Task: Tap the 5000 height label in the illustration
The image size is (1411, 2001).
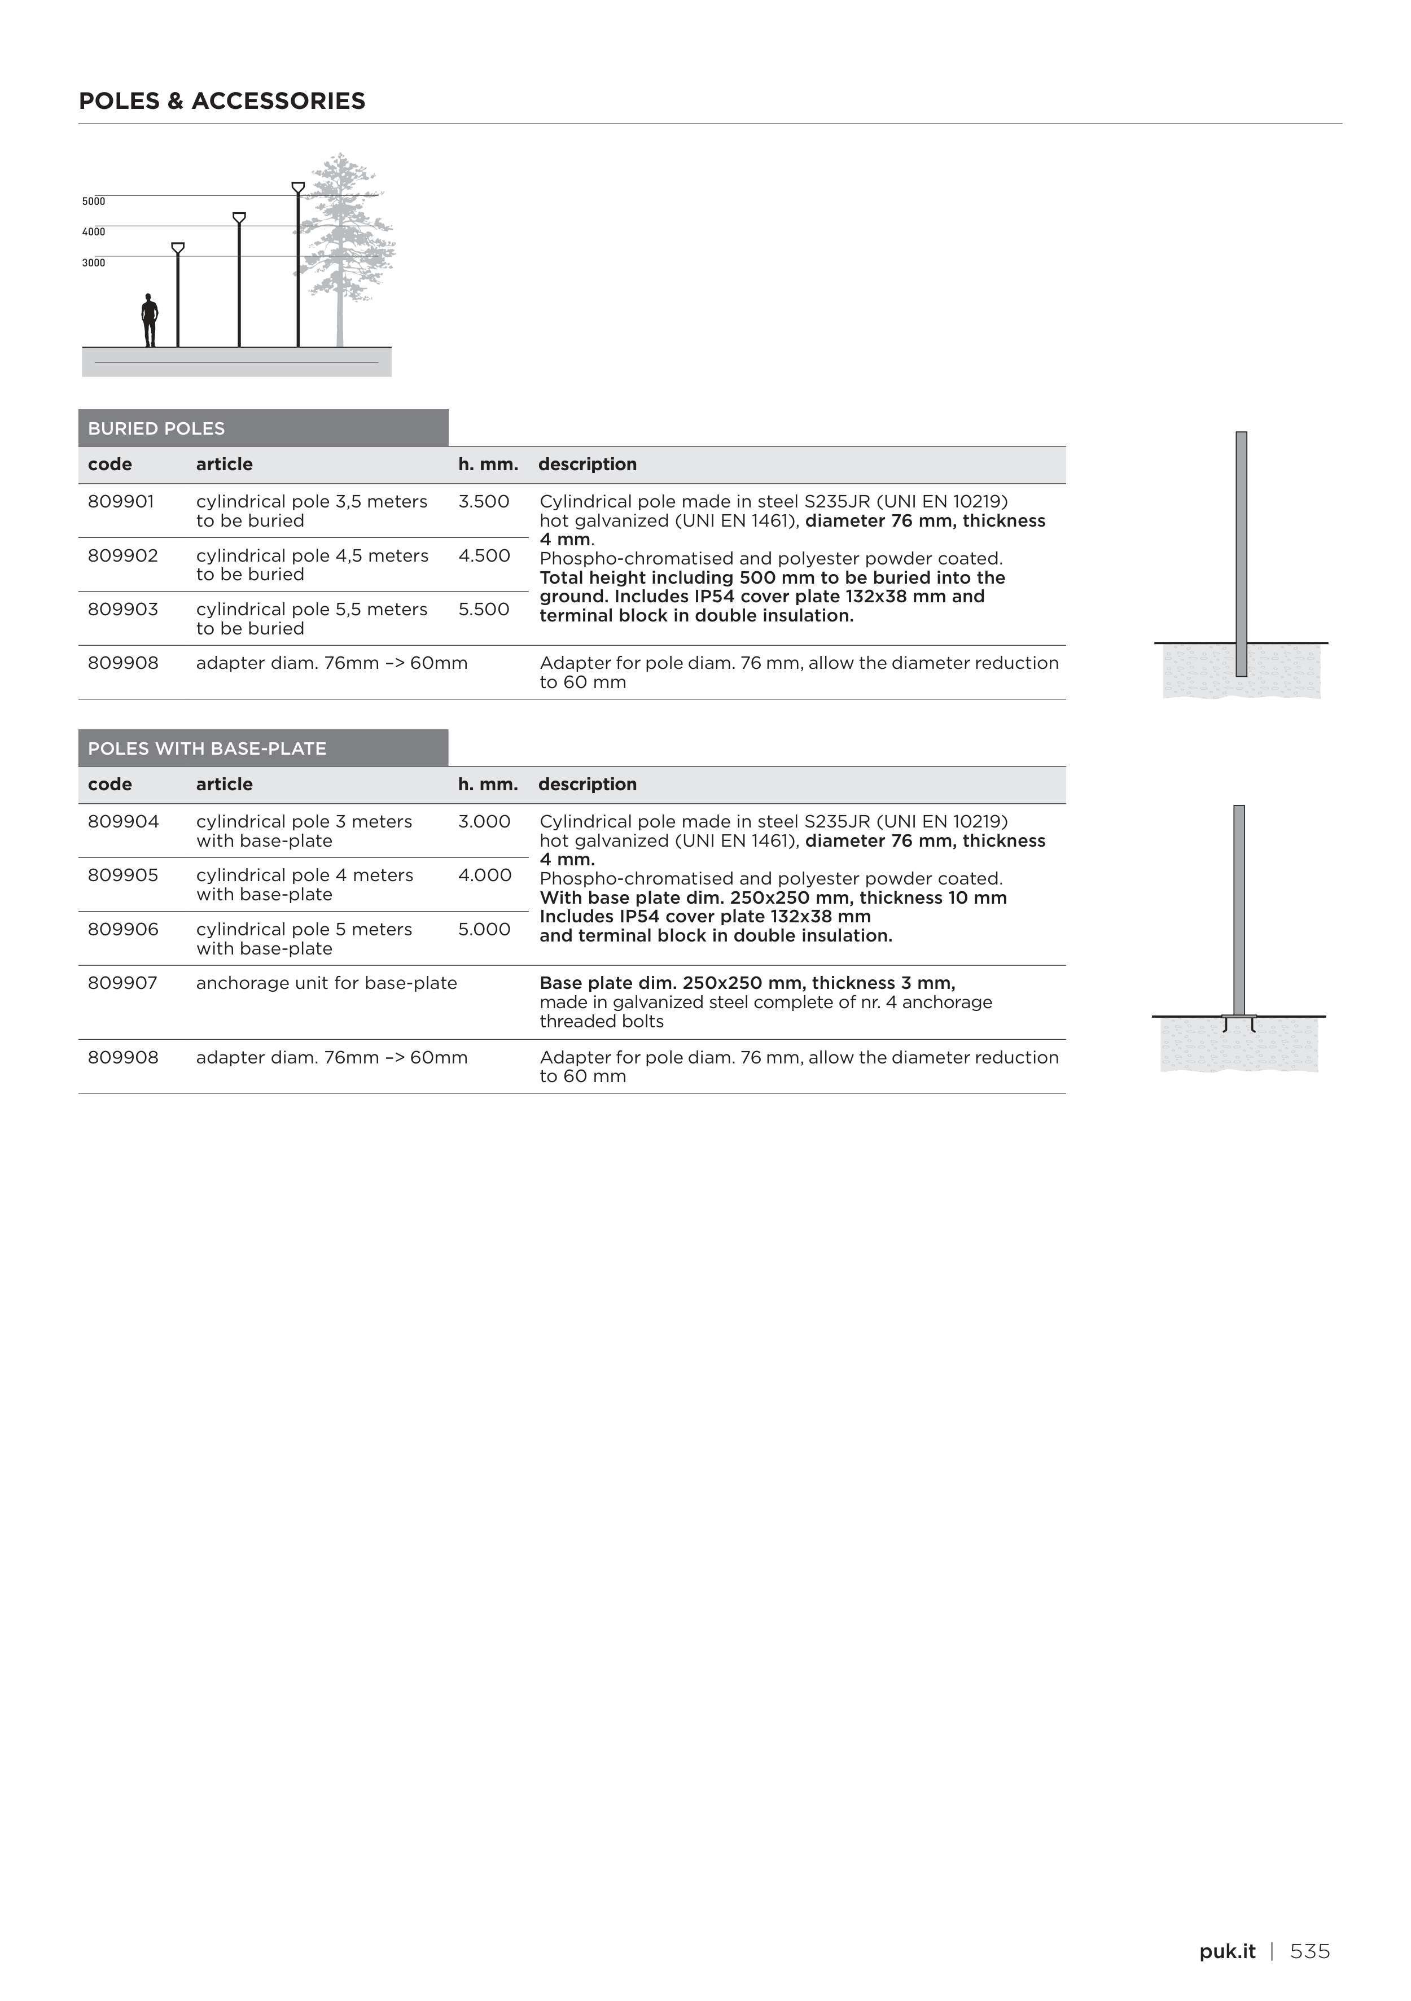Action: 93,202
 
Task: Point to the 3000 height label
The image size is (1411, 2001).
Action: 93,262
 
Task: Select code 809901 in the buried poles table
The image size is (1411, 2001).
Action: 121,502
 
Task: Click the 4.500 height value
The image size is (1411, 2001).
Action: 484,556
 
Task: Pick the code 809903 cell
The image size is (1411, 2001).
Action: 123,609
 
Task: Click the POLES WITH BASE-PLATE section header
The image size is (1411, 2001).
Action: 208,748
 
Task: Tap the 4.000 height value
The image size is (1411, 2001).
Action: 485,875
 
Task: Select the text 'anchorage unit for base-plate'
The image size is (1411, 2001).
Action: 326,983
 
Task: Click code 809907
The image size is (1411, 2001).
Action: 123,983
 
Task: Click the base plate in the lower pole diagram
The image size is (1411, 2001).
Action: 1238,1017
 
